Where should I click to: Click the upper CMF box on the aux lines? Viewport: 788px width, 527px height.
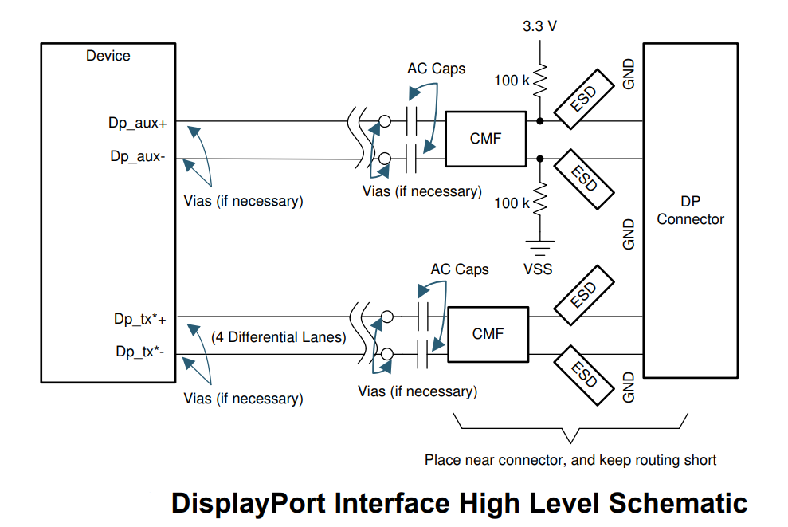(x=485, y=139)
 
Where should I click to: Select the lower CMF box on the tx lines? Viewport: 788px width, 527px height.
(x=488, y=334)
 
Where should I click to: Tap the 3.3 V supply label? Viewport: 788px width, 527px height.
(x=539, y=26)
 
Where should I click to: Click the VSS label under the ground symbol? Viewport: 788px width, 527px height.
(x=539, y=269)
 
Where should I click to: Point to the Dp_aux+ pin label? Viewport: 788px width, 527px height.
(x=137, y=124)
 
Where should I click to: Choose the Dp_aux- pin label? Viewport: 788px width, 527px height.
(x=138, y=156)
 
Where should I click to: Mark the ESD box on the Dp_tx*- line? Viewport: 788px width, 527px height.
(x=585, y=374)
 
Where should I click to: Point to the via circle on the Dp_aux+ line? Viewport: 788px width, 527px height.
(x=385, y=122)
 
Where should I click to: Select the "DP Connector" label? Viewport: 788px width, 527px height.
(x=690, y=210)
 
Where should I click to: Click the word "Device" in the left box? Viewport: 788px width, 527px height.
(x=108, y=56)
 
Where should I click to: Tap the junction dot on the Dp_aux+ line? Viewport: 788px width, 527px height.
(x=539, y=122)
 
